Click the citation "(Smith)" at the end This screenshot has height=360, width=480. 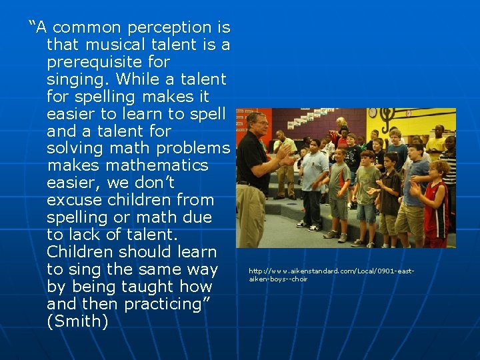[x=78, y=322]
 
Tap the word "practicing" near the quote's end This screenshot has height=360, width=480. [x=157, y=305]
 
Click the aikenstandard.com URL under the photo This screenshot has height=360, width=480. [x=331, y=275]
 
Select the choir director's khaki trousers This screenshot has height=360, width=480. [x=251, y=213]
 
